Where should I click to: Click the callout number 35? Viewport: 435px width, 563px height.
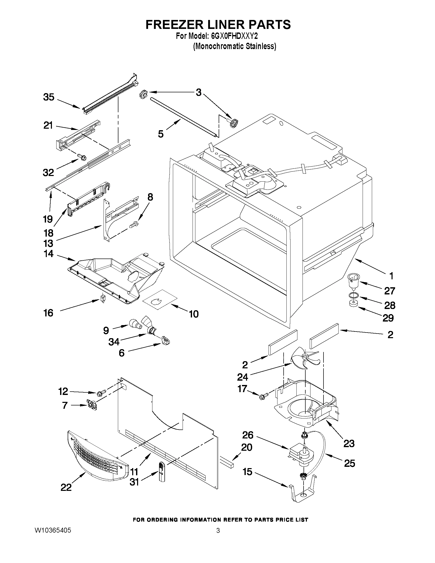coord(49,97)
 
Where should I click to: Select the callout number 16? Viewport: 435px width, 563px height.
coord(48,313)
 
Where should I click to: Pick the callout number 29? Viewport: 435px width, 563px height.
coord(388,318)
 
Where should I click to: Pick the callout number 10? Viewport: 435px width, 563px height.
coord(194,314)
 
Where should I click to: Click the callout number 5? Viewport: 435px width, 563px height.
coord(161,134)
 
